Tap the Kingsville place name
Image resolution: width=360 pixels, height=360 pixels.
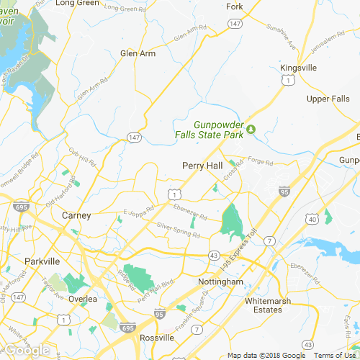[x=298, y=68]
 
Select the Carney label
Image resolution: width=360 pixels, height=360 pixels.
[x=76, y=215]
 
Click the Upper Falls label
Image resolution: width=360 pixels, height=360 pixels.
[x=328, y=99]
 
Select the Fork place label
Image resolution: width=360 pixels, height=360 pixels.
[x=235, y=6]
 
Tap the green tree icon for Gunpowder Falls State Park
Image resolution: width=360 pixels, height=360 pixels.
[x=251, y=130]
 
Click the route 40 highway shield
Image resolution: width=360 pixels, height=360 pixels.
[x=312, y=218]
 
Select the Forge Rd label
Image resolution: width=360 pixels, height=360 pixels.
[x=257, y=161]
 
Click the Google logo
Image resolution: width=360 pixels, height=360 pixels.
[x=27, y=351]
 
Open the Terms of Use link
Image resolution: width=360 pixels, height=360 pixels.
[x=335, y=356]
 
